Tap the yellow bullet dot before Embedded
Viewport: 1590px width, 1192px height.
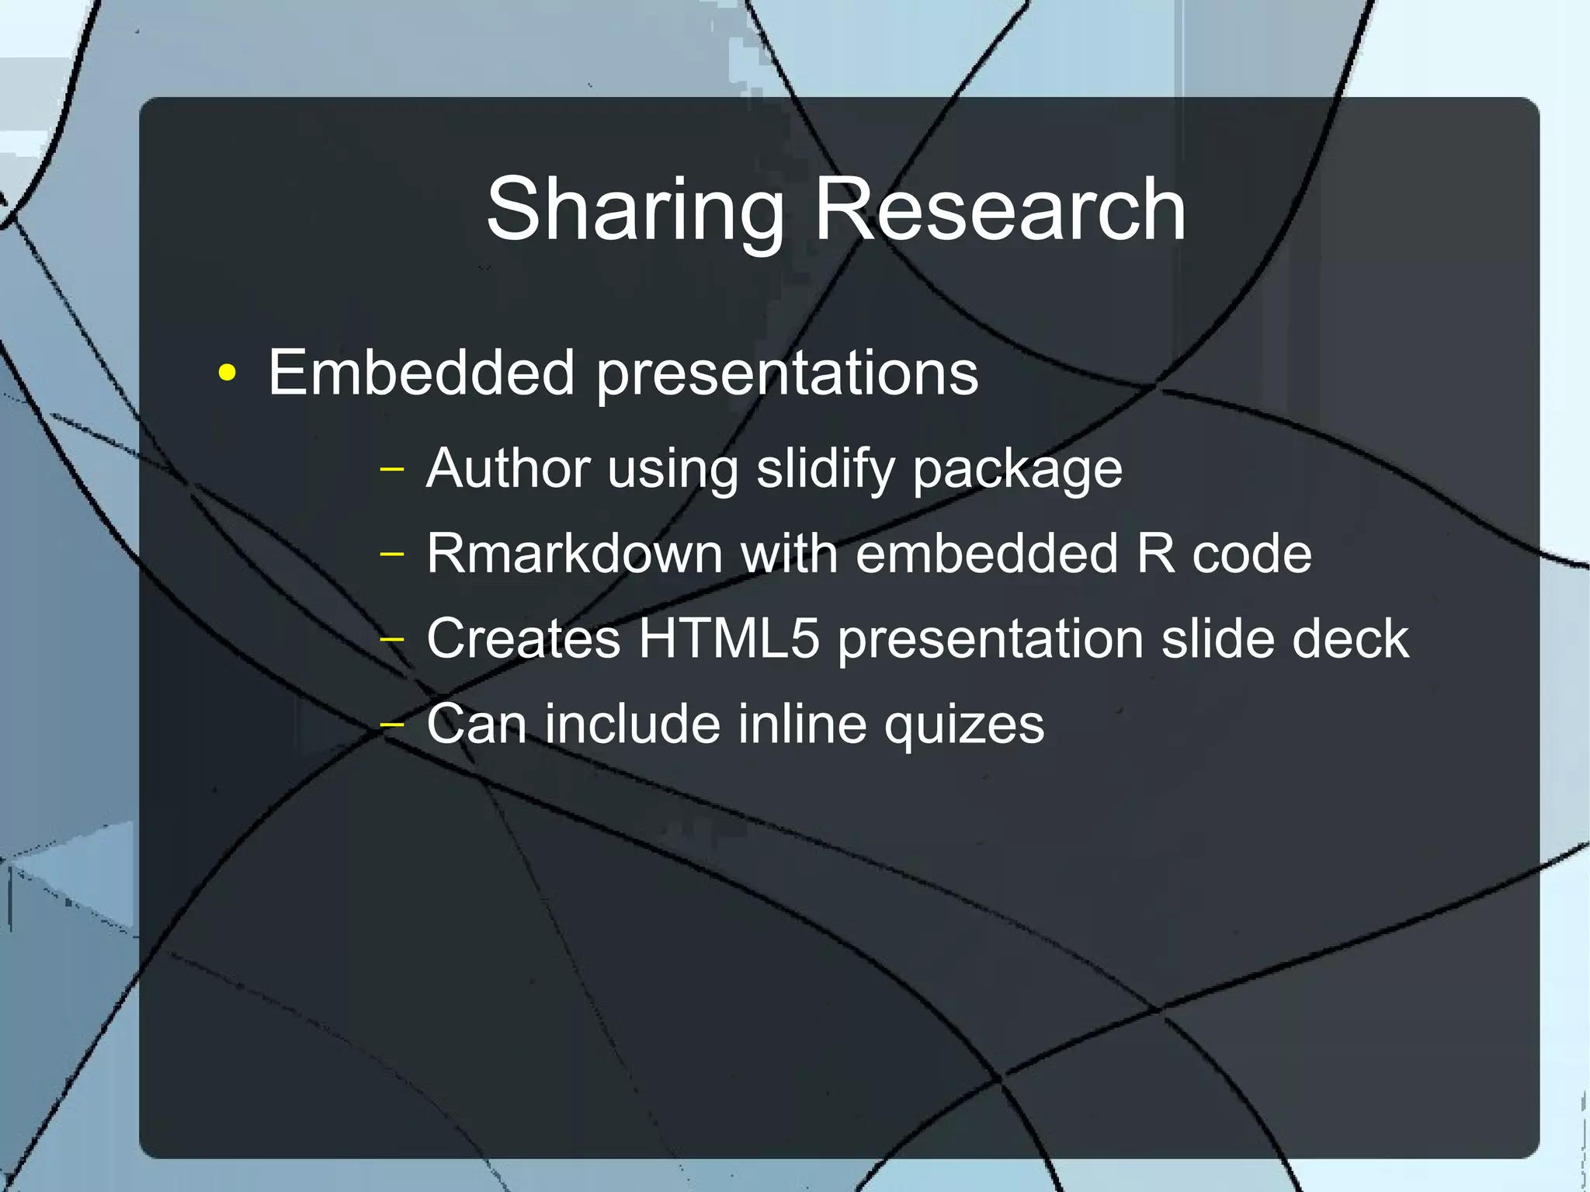[227, 374]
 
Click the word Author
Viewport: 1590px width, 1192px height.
[508, 468]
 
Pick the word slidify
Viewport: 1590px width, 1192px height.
[826, 470]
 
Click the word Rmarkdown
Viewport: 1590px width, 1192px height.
[574, 554]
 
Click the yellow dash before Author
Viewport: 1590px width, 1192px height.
[393, 469]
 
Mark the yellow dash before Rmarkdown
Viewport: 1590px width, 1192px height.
[393, 554]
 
